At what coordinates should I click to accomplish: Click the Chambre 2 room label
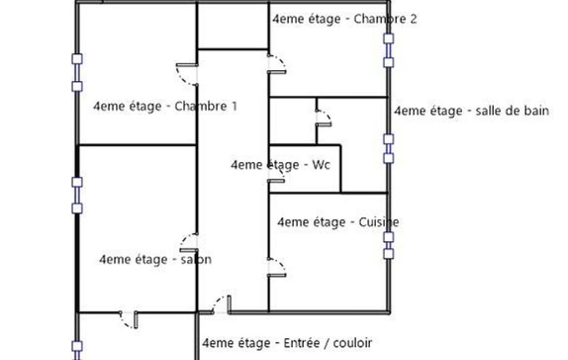click(345, 19)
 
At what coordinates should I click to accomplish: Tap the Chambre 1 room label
click(165, 106)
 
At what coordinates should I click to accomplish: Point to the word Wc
click(321, 165)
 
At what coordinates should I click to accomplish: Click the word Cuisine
click(379, 222)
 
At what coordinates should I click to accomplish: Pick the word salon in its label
click(196, 259)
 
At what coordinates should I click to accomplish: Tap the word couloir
click(352, 343)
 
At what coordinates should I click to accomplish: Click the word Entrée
click(302, 343)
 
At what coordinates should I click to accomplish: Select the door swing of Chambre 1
click(187, 75)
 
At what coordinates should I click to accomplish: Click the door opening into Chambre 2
click(277, 64)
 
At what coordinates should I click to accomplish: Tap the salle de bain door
click(324, 118)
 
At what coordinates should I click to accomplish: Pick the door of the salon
click(189, 243)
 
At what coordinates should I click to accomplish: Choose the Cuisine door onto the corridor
click(277, 268)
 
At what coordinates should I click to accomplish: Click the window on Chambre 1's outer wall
click(77, 73)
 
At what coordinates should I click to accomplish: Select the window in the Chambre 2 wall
click(388, 50)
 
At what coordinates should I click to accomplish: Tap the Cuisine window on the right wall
click(388, 245)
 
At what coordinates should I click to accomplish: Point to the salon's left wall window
click(77, 195)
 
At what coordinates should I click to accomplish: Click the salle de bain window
click(388, 149)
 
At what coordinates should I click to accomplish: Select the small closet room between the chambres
click(233, 25)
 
